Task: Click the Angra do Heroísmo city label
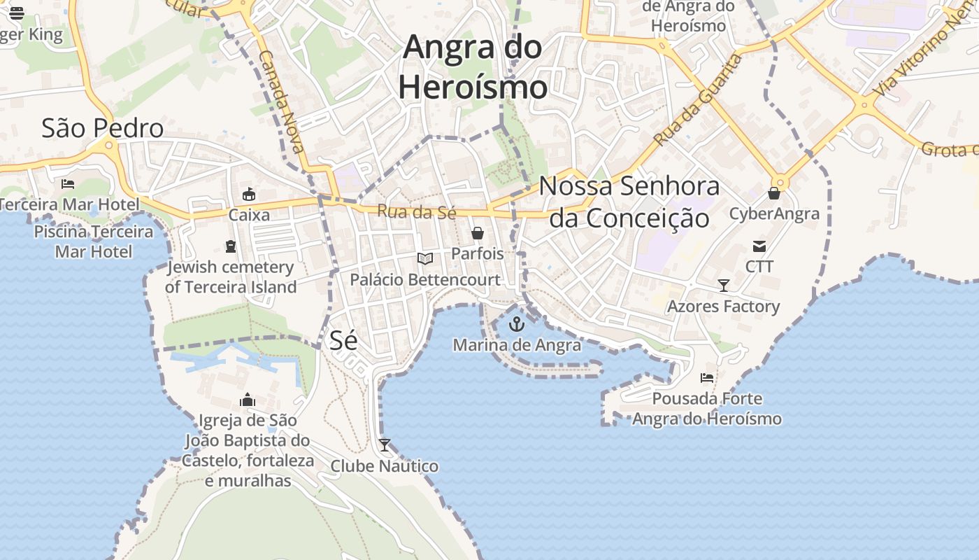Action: tap(473, 67)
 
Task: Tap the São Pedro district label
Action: tap(102, 129)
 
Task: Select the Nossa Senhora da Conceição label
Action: tap(629, 202)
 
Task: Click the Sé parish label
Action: tap(343, 340)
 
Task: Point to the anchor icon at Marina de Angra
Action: tap(517, 324)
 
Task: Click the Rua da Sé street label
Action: tap(416, 211)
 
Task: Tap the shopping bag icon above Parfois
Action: tap(478, 233)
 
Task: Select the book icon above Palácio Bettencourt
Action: tap(425, 259)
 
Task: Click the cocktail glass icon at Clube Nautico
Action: tap(385, 445)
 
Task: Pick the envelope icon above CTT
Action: tap(759, 246)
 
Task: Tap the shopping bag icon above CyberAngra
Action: tap(774, 193)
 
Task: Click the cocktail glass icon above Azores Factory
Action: tap(724, 286)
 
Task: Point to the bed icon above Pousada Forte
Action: tap(707, 378)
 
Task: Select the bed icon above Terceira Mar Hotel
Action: tap(68, 184)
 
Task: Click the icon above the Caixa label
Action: tap(249, 195)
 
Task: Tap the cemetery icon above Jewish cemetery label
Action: tap(231, 246)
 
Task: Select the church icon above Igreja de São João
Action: tap(248, 400)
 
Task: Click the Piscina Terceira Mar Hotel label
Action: tap(94, 241)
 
